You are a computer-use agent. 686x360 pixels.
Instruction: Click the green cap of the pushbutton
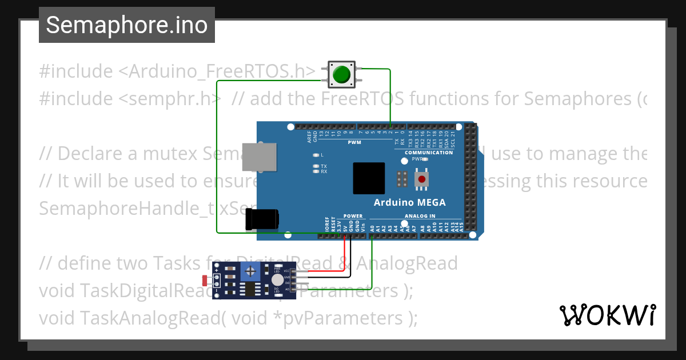coord(342,75)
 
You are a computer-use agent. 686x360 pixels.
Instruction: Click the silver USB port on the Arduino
coord(261,157)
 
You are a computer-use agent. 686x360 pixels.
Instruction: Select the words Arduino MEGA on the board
coord(409,202)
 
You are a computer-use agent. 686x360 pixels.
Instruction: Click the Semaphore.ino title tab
coord(127,25)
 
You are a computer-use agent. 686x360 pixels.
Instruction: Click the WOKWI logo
coord(608,315)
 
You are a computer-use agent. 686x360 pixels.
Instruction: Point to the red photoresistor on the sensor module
coord(206,280)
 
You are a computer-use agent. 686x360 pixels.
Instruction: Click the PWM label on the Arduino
coord(354,142)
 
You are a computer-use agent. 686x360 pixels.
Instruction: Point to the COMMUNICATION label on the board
coord(429,153)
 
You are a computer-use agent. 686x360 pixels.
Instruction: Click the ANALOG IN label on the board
coord(420,216)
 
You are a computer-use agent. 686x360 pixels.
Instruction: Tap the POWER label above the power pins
coord(353,216)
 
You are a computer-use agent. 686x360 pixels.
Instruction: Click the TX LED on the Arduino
coord(316,166)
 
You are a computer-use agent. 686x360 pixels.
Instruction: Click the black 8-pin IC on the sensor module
coord(250,289)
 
